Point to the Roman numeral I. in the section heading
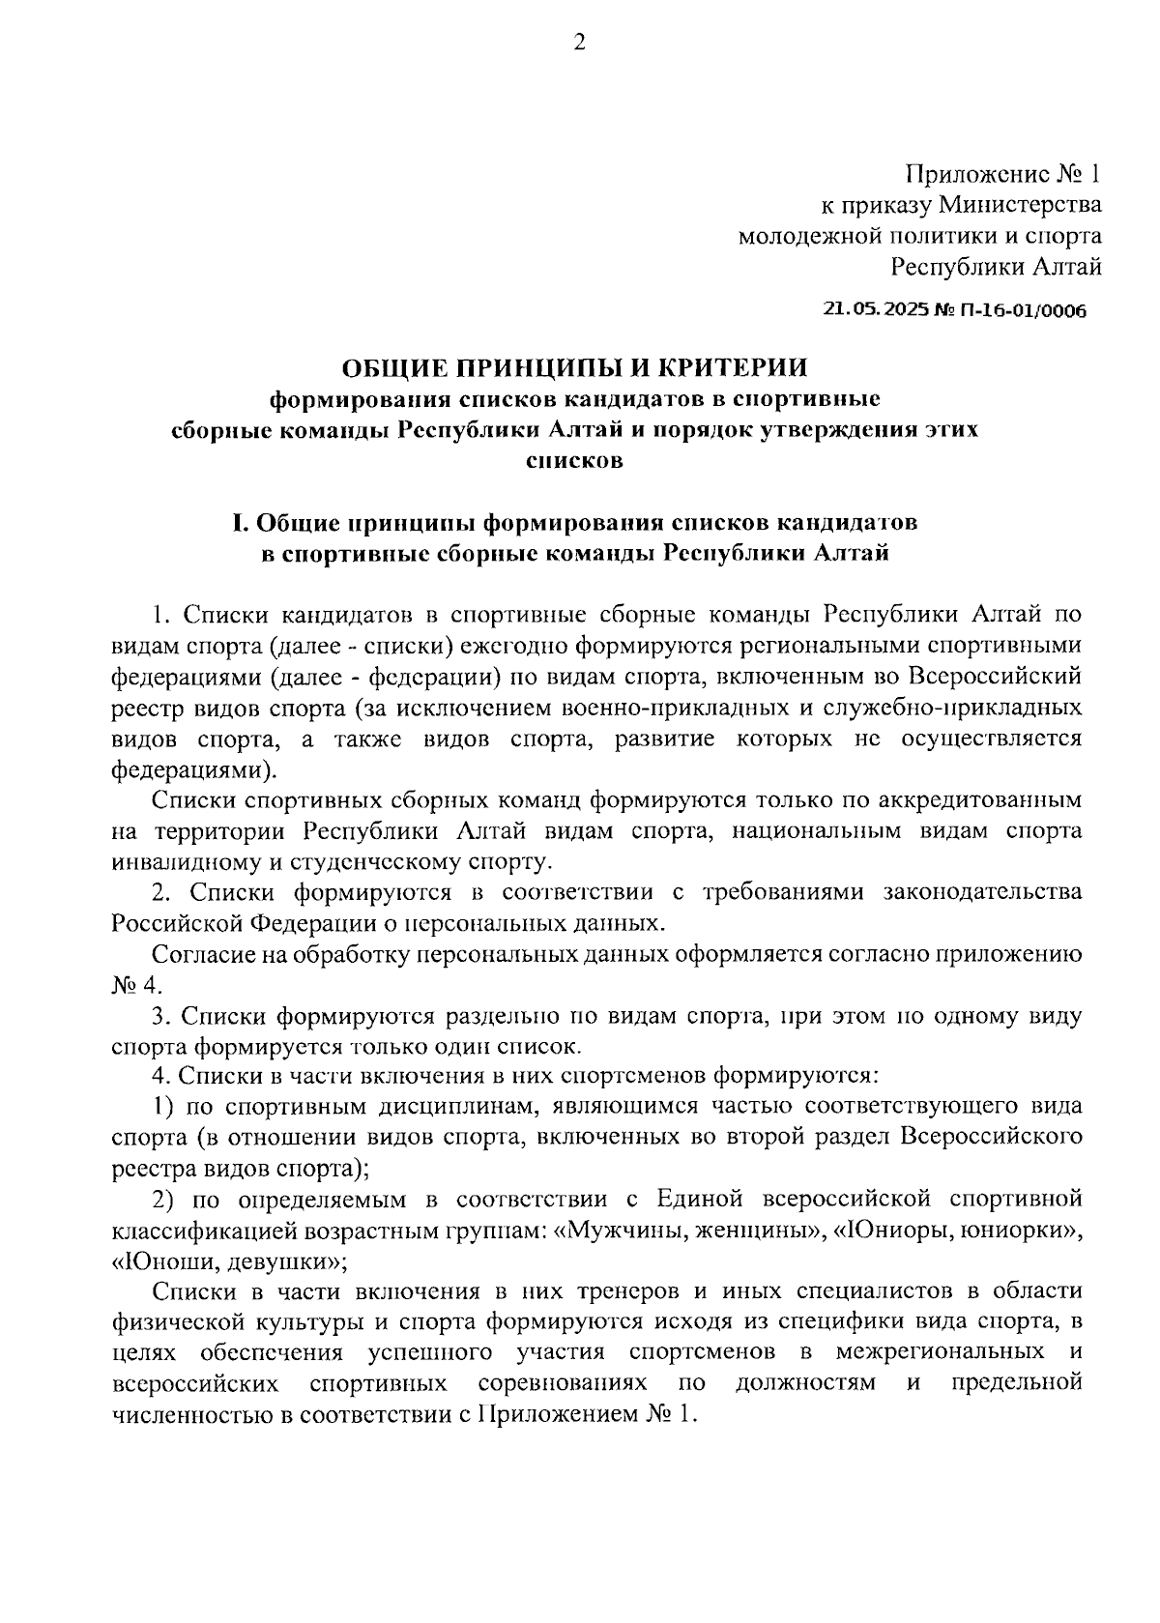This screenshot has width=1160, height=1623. pos(241,523)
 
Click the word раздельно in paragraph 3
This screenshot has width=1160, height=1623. pos(499,1016)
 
